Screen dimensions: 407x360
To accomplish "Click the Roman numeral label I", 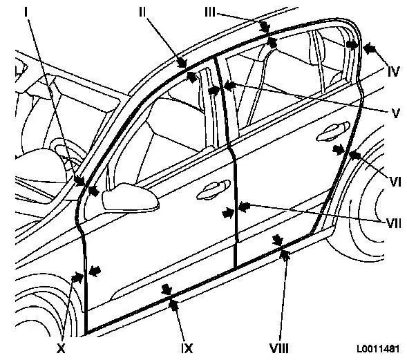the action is click(x=26, y=12).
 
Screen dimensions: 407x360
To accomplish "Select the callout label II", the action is click(x=142, y=12).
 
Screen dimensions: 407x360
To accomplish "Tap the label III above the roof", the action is click(x=210, y=12).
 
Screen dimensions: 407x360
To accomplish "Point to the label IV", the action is click(x=393, y=72).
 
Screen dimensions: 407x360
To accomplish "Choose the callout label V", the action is click(x=395, y=113).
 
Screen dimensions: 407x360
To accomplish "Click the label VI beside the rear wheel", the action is click(x=395, y=182).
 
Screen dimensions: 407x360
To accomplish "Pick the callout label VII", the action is click(x=394, y=223).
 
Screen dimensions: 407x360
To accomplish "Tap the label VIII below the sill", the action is click(x=279, y=348).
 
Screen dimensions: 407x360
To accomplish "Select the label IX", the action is click(x=187, y=348).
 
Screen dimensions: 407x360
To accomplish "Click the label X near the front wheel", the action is click(x=61, y=348).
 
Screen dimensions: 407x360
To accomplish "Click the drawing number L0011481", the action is click(x=378, y=348).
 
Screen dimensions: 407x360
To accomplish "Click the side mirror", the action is click(x=131, y=197).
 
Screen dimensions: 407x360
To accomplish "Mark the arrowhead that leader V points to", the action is click(x=229, y=86).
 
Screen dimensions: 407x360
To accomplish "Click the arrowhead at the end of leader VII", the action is click(x=244, y=207).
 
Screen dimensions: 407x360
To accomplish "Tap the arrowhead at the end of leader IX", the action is click(x=173, y=304).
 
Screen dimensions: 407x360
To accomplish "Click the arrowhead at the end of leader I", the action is click(x=79, y=180).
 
